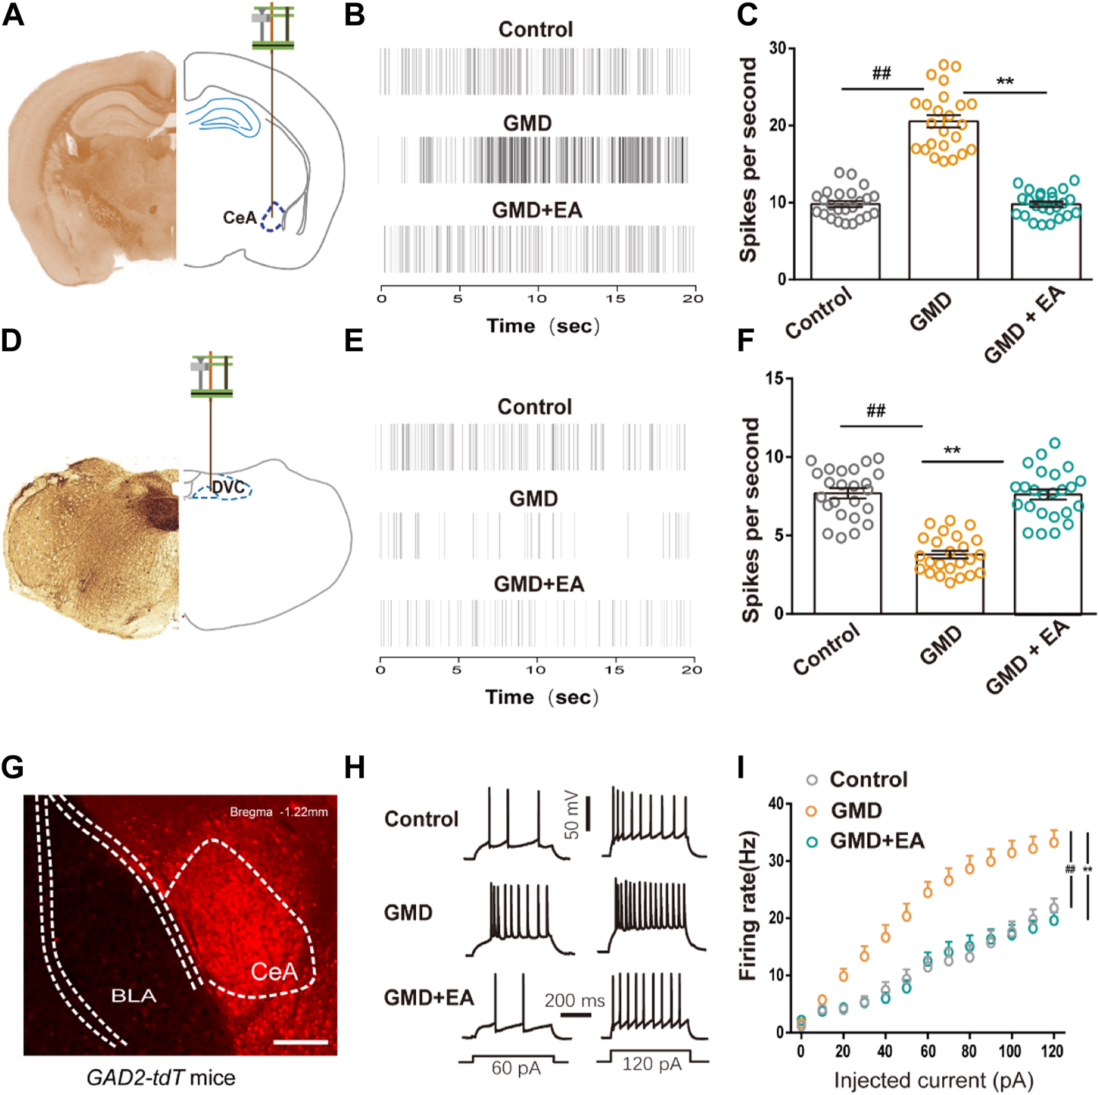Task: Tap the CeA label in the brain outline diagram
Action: point(240,218)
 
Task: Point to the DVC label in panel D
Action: point(228,487)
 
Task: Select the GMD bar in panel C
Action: point(943,200)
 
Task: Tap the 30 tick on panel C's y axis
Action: point(777,49)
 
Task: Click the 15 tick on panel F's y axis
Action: point(774,378)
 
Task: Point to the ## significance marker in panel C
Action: point(881,74)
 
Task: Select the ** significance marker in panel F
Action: point(952,451)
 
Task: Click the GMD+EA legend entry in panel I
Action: point(877,840)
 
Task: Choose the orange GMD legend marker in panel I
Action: point(812,811)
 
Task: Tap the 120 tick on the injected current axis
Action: point(1052,1052)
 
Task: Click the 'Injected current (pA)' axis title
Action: point(933,1080)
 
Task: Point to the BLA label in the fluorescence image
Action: point(133,995)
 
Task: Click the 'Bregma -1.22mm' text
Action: point(279,812)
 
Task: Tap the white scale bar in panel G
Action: point(300,1042)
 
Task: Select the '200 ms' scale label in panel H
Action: point(575,1001)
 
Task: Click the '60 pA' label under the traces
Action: point(515,1068)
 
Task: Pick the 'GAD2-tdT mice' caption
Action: point(161,1078)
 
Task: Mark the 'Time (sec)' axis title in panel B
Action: point(542,326)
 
